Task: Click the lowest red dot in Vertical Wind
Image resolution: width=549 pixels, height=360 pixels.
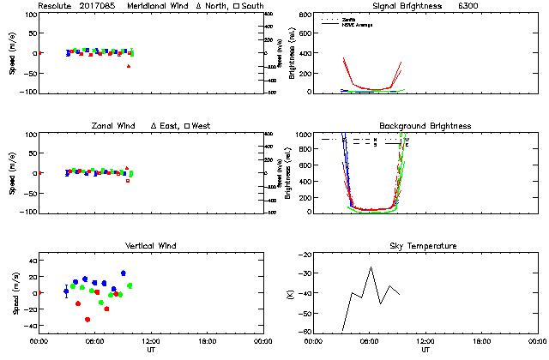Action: pyautogui.click(x=87, y=320)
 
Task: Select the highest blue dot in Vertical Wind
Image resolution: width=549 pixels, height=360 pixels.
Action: pyautogui.click(x=123, y=273)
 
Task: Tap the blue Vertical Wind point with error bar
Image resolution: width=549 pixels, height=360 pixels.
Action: pyautogui.click(x=66, y=291)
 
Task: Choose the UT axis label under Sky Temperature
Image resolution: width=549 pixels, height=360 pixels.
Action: pyautogui.click(x=425, y=350)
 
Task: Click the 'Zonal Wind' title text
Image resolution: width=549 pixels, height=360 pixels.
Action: pyautogui.click(x=118, y=126)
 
